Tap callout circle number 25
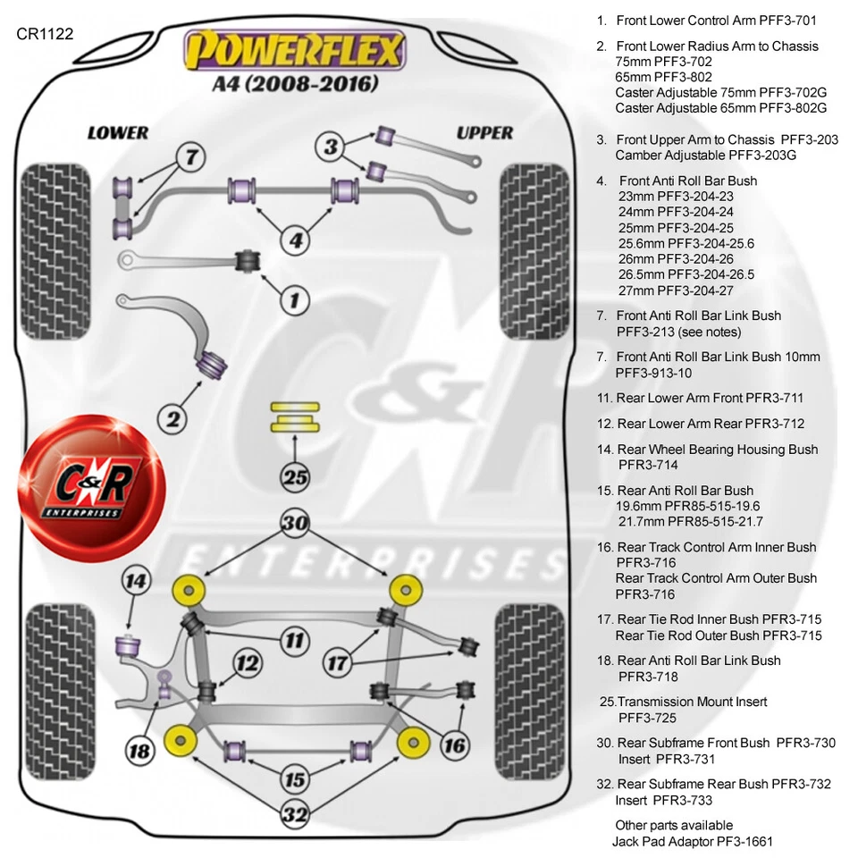[295, 476]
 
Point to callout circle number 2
[173, 416]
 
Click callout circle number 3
[332, 147]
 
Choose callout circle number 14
[135, 582]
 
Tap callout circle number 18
[140, 750]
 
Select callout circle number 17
[338, 662]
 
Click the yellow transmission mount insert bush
[295, 416]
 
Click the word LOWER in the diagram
[117, 133]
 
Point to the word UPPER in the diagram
[484, 133]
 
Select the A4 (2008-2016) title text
[294, 84]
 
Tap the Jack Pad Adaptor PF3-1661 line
[692, 841]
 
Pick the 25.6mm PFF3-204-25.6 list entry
[686, 243]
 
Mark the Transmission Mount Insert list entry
[684, 702]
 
